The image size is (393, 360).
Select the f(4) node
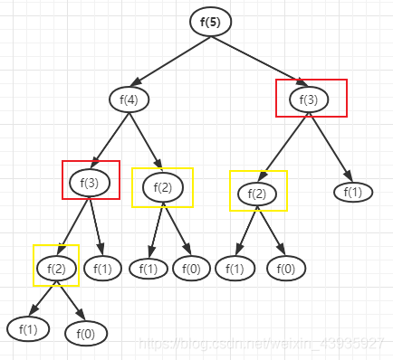click(x=128, y=99)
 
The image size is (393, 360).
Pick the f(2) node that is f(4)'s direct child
click(x=163, y=187)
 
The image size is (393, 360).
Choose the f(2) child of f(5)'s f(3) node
click(x=258, y=193)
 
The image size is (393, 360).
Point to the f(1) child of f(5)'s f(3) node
click(x=353, y=192)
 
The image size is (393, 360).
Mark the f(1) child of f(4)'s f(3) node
click(x=102, y=268)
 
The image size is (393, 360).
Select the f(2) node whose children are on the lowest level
click(x=56, y=267)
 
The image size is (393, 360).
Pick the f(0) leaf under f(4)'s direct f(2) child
click(x=191, y=268)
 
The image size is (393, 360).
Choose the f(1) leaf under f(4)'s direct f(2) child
click(x=149, y=268)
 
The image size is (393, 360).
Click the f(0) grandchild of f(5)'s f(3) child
click(x=285, y=269)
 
